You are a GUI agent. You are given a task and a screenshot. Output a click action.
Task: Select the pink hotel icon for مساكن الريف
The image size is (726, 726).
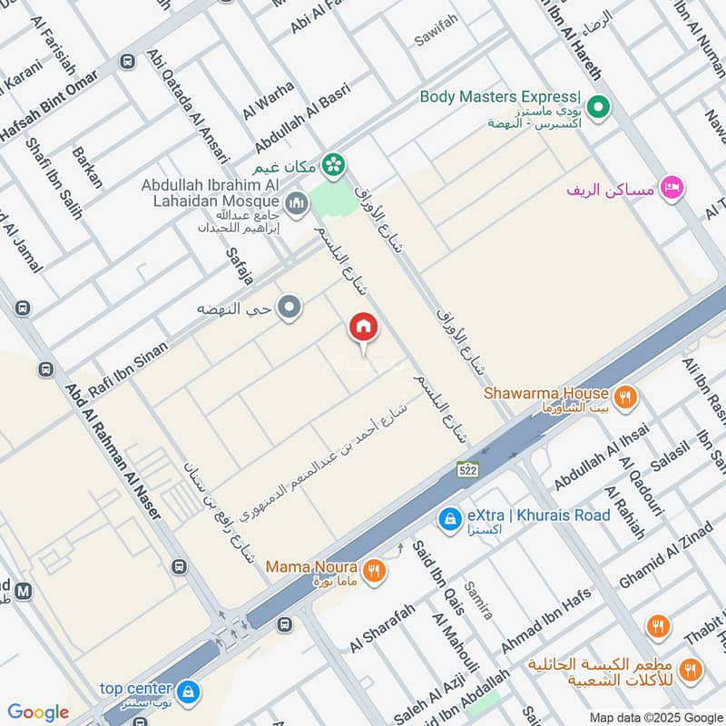point(672,188)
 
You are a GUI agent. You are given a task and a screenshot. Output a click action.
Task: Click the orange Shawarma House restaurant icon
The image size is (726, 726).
point(624,397)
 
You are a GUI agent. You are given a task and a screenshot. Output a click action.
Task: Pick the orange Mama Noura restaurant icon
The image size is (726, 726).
point(373,571)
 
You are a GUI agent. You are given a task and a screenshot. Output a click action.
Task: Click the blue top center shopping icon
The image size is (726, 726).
point(188,692)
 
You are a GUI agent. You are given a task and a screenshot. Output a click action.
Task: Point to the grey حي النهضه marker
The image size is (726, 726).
point(290,309)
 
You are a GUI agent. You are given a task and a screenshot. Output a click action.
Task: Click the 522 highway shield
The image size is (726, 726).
point(466,469)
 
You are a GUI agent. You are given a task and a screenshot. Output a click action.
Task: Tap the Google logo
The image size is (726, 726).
point(38,712)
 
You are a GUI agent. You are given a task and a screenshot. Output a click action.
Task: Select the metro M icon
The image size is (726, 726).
point(24,591)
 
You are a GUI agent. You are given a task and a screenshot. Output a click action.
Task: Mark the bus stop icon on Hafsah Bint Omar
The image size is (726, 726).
point(127,61)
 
